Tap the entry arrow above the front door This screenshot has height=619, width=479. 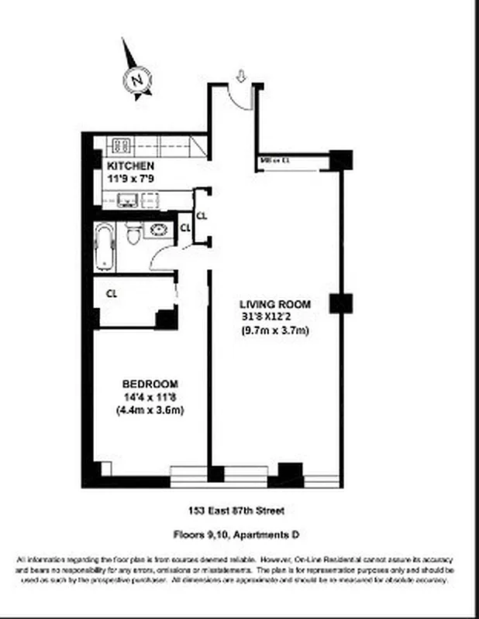(x=240, y=75)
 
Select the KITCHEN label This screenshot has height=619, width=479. (x=129, y=166)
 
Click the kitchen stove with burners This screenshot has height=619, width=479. (x=122, y=145)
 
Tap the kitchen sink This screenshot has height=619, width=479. (x=128, y=200)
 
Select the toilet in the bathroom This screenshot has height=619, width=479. (x=133, y=232)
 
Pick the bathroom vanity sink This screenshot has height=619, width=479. (x=160, y=230)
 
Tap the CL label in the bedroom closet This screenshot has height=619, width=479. (x=112, y=294)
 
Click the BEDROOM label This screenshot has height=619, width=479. (x=150, y=384)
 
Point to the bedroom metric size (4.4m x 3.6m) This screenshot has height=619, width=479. (x=150, y=410)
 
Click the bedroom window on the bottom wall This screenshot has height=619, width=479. (x=188, y=473)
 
